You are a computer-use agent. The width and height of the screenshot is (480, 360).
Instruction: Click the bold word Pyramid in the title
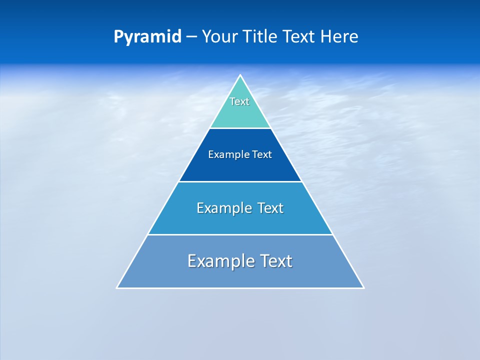click(147, 37)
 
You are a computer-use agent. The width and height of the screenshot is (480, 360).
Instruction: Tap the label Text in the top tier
click(239, 101)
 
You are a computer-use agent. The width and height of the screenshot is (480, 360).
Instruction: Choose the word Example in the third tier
click(224, 208)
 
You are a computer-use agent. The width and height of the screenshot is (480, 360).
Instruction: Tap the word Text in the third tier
click(270, 208)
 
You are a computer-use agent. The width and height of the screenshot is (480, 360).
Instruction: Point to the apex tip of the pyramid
click(240, 76)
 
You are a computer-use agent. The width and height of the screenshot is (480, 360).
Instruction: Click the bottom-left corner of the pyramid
click(117, 287)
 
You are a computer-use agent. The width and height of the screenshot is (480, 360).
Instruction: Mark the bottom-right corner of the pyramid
click(363, 287)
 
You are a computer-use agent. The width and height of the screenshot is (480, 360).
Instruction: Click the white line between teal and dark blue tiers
click(240, 128)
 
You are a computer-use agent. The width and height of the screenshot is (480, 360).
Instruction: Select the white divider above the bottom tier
click(240, 234)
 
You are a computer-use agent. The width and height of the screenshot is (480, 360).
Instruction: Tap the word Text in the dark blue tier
click(262, 155)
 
